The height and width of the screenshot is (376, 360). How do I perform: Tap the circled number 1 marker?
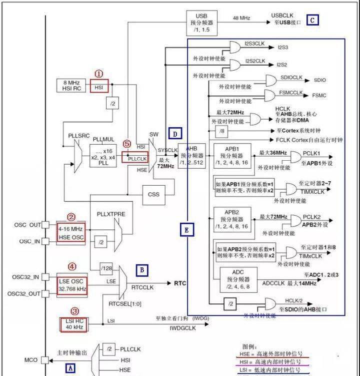tap(99, 74)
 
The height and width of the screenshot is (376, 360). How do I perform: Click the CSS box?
tap(153, 194)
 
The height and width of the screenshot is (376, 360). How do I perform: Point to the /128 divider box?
tap(106, 270)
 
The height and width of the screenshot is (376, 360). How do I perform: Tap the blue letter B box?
tap(141, 270)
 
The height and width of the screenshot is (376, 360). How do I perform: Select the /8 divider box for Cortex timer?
tap(221, 131)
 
